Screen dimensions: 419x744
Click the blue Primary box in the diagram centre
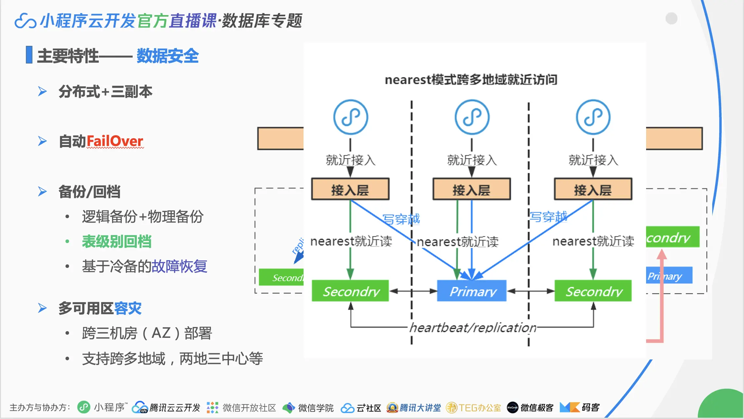coord(472,291)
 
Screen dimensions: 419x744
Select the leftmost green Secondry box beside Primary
coord(350,291)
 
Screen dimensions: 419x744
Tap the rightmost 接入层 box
coord(593,189)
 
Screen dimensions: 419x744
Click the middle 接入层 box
coord(472,189)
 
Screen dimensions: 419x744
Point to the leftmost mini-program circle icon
coord(350,117)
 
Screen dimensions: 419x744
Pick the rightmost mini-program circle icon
coord(593,117)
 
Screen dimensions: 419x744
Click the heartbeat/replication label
coord(473,327)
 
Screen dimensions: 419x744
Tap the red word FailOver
coord(115,141)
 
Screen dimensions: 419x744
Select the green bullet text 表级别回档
coord(117,242)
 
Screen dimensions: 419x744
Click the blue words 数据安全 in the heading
coord(167,56)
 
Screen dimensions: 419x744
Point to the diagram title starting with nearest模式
coord(471,80)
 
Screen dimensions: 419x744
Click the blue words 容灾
coord(128,308)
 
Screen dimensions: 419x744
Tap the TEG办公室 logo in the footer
coord(474,408)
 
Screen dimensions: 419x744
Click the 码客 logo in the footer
coord(579,408)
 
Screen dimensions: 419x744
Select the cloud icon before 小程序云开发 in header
coord(25,21)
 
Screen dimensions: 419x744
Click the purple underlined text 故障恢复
coord(179,266)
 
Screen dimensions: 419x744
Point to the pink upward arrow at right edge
coord(662,295)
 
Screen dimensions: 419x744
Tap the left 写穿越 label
coord(401,219)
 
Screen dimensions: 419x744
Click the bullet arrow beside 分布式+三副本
coord(42,91)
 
